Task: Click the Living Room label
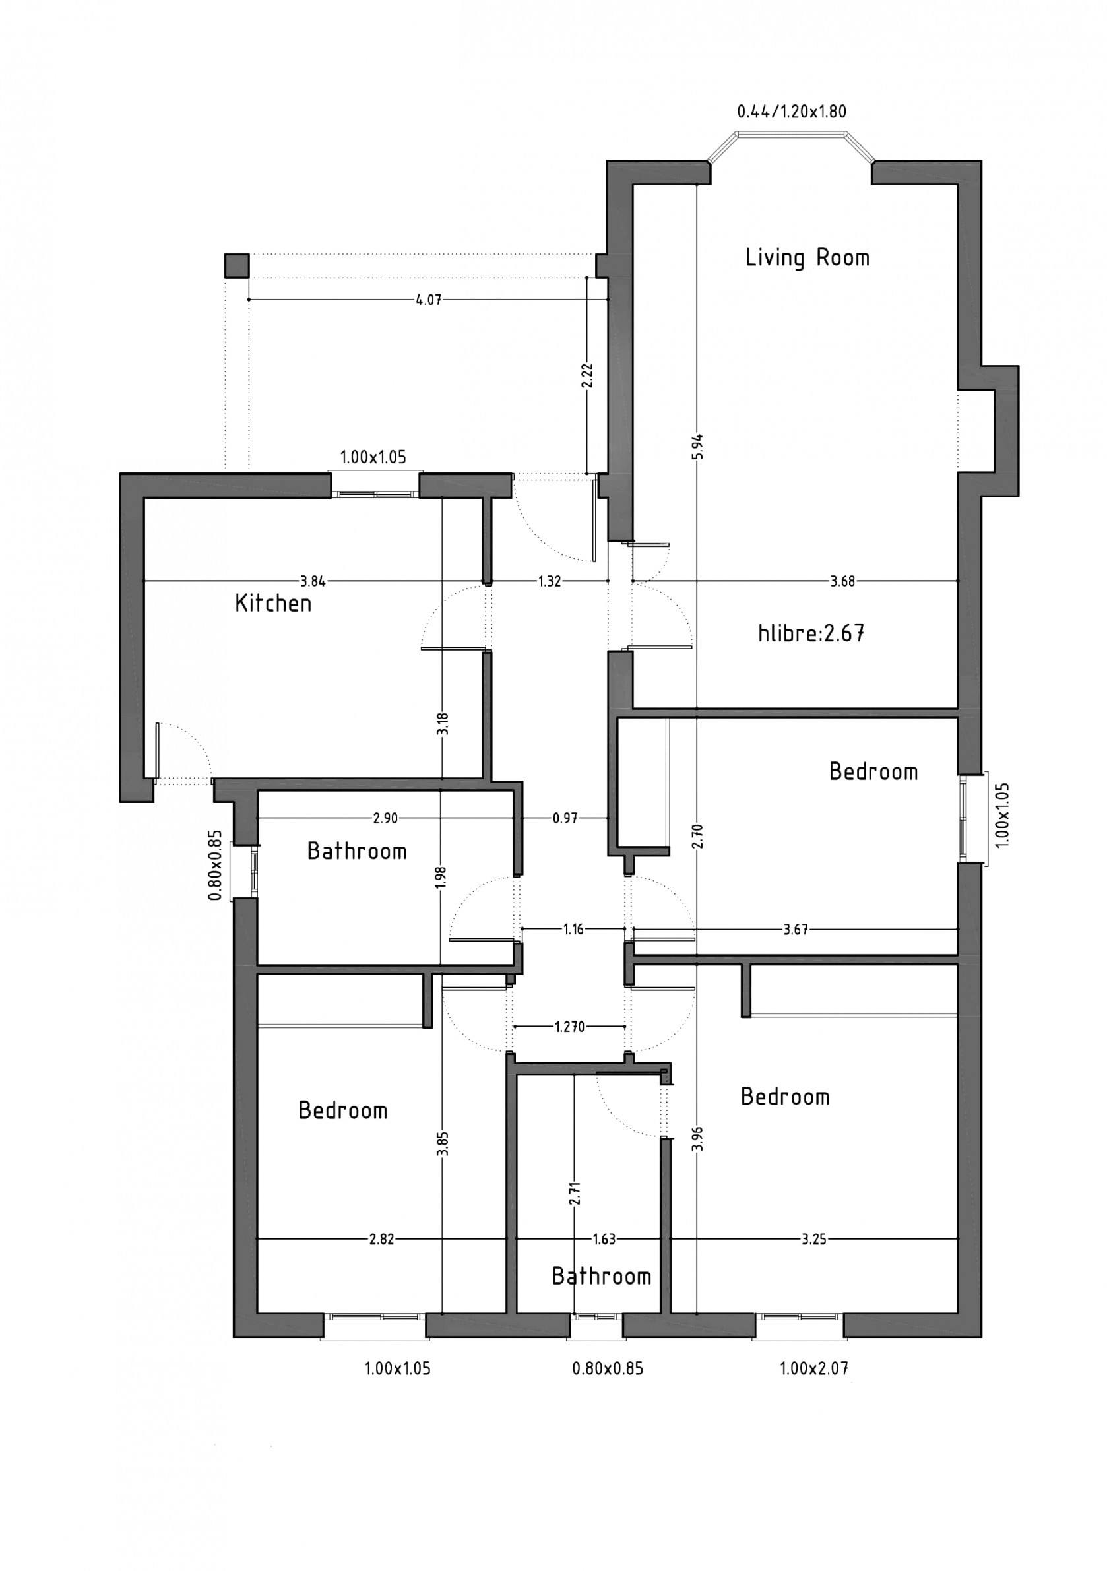(807, 258)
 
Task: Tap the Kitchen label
(273, 604)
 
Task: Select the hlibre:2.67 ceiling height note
(811, 633)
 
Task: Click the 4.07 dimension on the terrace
(428, 300)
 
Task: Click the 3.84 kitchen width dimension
(313, 581)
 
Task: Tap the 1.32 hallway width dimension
(550, 581)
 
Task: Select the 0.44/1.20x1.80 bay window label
(792, 112)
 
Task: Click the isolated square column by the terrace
(237, 265)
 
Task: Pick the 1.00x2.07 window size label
(813, 1368)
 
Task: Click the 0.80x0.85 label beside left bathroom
(216, 865)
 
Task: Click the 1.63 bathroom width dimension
(604, 1239)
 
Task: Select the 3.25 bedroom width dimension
(813, 1239)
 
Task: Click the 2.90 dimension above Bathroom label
(385, 818)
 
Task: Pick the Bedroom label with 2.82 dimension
(343, 1110)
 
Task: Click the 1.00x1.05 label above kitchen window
(373, 457)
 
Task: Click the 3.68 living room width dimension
(842, 581)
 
